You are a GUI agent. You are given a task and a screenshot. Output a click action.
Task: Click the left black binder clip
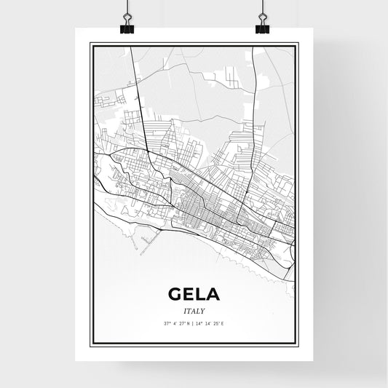coord(127,28)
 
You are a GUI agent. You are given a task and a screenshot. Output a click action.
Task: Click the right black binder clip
coord(262,28)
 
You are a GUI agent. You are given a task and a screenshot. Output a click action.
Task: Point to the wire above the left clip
coord(127,9)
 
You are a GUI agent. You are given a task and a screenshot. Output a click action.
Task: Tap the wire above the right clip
coord(262,9)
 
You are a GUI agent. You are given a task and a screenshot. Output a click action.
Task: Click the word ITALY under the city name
coord(194,311)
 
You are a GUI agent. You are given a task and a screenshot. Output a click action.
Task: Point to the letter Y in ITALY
coord(203,311)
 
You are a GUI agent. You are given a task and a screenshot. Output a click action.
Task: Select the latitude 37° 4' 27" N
coord(175,323)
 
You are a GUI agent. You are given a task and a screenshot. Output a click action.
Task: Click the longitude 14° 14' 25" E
coord(213,323)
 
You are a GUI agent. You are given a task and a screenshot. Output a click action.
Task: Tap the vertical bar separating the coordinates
coord(194,323)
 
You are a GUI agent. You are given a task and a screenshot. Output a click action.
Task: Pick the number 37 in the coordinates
coord(165,323)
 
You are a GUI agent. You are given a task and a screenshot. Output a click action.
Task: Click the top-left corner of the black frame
coord(90,44)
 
